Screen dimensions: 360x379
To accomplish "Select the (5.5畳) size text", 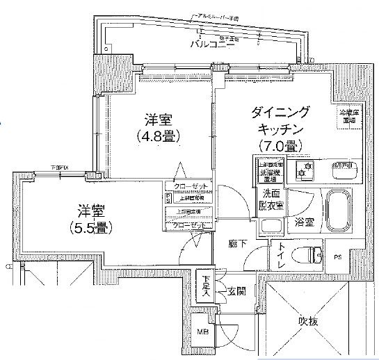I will (91, 227).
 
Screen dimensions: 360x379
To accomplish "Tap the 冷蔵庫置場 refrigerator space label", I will (348, 116).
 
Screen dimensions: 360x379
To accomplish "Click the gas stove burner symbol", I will (305, 170).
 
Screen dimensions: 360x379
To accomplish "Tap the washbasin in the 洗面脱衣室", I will (270, 227).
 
